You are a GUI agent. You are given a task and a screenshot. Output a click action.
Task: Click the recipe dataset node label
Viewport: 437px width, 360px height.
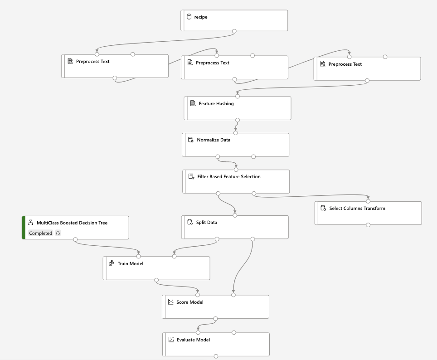point(201,17)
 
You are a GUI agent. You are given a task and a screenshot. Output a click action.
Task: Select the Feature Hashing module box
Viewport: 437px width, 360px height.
point(237,108)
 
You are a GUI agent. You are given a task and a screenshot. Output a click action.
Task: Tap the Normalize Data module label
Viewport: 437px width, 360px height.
point(214,140)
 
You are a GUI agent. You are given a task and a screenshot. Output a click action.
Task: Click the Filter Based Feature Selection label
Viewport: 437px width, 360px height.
point(228,177)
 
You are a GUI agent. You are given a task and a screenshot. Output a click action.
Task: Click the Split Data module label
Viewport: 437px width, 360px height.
point(206,223)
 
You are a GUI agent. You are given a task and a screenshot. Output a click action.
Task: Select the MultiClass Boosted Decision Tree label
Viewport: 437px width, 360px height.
point(72,223)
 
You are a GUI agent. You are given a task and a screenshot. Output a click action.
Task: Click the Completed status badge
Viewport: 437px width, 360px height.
point(41,233)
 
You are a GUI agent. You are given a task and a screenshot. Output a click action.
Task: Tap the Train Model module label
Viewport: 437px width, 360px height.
point(130,263)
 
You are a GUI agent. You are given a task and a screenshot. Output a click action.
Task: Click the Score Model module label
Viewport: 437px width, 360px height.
point(190,302)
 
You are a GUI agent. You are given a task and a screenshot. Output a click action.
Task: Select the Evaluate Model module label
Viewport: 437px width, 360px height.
point(193,340)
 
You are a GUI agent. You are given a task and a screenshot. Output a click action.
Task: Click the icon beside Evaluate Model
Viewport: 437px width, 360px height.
point(171,340)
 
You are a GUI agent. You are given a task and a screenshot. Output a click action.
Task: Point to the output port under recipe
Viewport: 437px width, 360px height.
point(234,31)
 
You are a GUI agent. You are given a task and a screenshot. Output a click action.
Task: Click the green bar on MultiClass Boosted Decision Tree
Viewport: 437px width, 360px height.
point(24,228)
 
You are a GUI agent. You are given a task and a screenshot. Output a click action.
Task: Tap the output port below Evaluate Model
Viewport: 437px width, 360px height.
point(216,356)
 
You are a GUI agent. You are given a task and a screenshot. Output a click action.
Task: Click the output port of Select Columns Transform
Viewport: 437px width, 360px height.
point(368,225)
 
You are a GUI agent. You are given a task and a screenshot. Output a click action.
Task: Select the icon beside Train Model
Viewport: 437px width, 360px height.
point(112,263)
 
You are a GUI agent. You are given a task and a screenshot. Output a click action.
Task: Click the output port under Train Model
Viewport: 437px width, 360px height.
point(156,280)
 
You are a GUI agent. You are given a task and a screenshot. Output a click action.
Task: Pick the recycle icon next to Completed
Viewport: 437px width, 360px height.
point(58,233)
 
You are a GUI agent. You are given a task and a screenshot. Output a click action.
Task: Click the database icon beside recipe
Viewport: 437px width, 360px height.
point(189,17)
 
